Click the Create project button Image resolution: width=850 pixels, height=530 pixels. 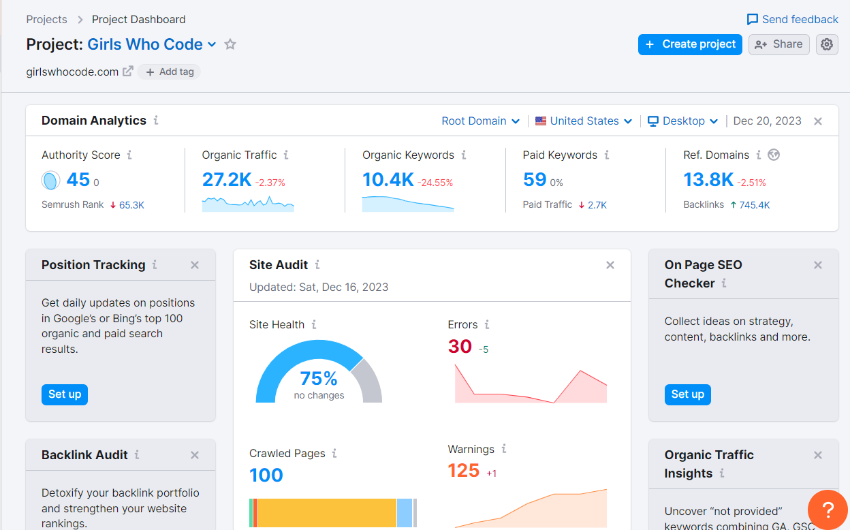[x=690, y=44]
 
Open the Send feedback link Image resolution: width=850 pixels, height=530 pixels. [x=792, y=19]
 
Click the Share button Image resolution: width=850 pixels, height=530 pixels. [x=779, y=44]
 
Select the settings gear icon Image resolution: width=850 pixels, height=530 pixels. [x=827, y=44]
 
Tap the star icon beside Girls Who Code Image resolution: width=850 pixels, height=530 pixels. [x=230, y=44]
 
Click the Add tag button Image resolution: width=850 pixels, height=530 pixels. [x=170, y=72]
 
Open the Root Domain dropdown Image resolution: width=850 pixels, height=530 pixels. [x=480, y=121]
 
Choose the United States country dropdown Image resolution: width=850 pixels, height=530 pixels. [x=584, y=121]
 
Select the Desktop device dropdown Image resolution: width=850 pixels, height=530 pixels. [x=682, y=121]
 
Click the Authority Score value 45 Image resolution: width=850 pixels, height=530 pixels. [x=78, y=180]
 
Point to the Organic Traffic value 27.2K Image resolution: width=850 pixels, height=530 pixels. [x=227, y=180]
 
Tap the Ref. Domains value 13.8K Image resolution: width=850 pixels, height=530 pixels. [x=708, y=180]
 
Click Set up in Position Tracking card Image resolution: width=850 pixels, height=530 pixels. [x=65, y=394]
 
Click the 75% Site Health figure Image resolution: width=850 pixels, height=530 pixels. [x=319, y=379]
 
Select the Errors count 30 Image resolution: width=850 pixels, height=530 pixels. [x=460, y=347]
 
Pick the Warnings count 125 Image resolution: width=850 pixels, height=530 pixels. [x=464, y=471]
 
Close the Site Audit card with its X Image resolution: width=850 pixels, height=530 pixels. [x=610, y=265]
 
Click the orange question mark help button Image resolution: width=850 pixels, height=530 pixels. [x=828, y=510]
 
